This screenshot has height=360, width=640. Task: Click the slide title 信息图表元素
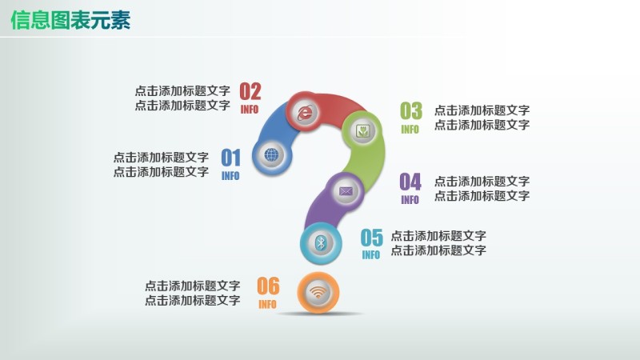70,21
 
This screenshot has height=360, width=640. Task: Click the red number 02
250,91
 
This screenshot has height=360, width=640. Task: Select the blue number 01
230,158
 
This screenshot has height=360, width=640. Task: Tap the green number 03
410,111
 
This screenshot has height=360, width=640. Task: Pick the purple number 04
410,182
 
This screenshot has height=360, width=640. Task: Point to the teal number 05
371,238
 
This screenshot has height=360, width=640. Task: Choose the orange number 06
268,286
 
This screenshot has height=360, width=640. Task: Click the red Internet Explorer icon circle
305,113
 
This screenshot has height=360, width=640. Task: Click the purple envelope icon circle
346,191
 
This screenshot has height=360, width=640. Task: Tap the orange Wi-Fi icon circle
318,293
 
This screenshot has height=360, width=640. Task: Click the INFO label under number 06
267,305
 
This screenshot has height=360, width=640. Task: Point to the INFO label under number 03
410,130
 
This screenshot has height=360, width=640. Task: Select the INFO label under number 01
230,176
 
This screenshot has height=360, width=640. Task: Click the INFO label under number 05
370,256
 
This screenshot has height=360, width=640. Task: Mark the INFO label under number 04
410,200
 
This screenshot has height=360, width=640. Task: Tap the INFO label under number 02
250,110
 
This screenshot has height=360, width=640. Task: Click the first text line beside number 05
438,236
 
